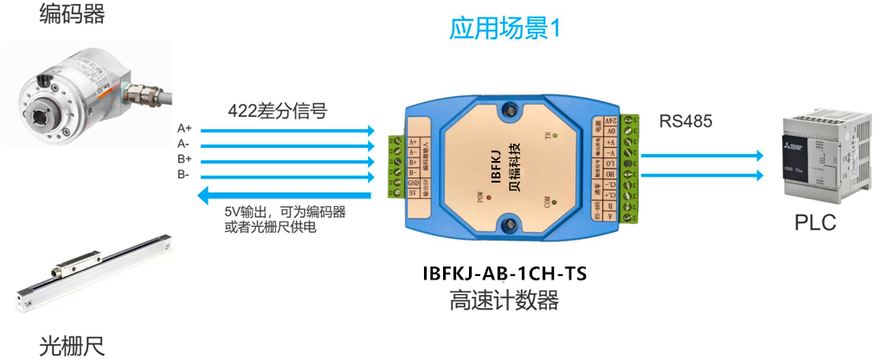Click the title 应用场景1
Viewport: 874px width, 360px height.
[x=505, y=29]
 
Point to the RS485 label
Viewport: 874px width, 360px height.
[x=685, y=122]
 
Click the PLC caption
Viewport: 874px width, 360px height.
[x=815, y=223]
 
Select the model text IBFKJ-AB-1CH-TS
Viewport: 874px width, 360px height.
[x=504, y=274]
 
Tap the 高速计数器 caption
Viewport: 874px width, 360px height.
[x=504, y=301]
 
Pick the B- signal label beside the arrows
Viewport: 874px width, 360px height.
[x=183, y=175]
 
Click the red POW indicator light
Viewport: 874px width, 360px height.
[x=490, y=198]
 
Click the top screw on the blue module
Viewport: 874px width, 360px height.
[x=511, y=111]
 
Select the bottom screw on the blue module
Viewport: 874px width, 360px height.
[x=511, y=227]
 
